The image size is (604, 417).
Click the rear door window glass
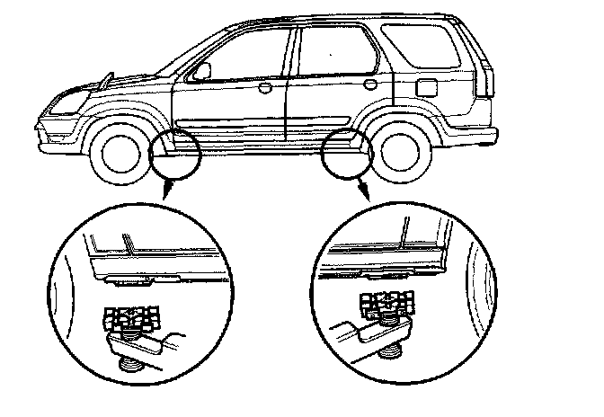click(334, 49)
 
